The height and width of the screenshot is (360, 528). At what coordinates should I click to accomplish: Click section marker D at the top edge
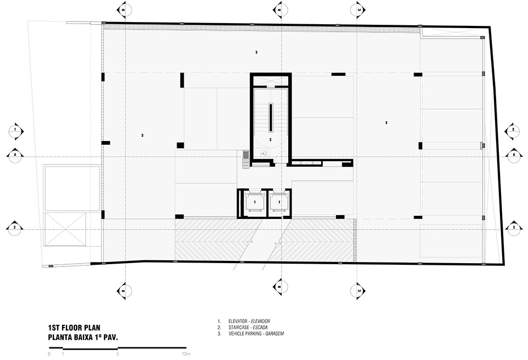[124, 10]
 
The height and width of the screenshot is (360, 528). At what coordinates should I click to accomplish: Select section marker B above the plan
[280, 10]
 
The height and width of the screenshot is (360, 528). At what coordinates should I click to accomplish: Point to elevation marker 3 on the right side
[513, 130]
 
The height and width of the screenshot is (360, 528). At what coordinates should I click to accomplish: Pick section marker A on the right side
[513, 155]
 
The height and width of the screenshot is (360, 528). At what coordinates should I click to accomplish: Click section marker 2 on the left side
[15, 227]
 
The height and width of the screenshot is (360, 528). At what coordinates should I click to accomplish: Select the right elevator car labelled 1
[280, 203]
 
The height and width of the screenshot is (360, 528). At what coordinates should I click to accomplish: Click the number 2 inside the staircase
[270, 140]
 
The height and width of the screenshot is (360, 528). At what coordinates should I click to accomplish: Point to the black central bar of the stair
[271, 117]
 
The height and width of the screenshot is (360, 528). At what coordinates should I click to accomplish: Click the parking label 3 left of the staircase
[142, 135]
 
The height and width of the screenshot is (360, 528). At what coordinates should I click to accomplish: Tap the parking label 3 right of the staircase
[387, 123]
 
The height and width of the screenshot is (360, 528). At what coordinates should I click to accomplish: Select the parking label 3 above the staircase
[256, 52]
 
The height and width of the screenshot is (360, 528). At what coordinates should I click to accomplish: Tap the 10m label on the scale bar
[185, 354]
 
